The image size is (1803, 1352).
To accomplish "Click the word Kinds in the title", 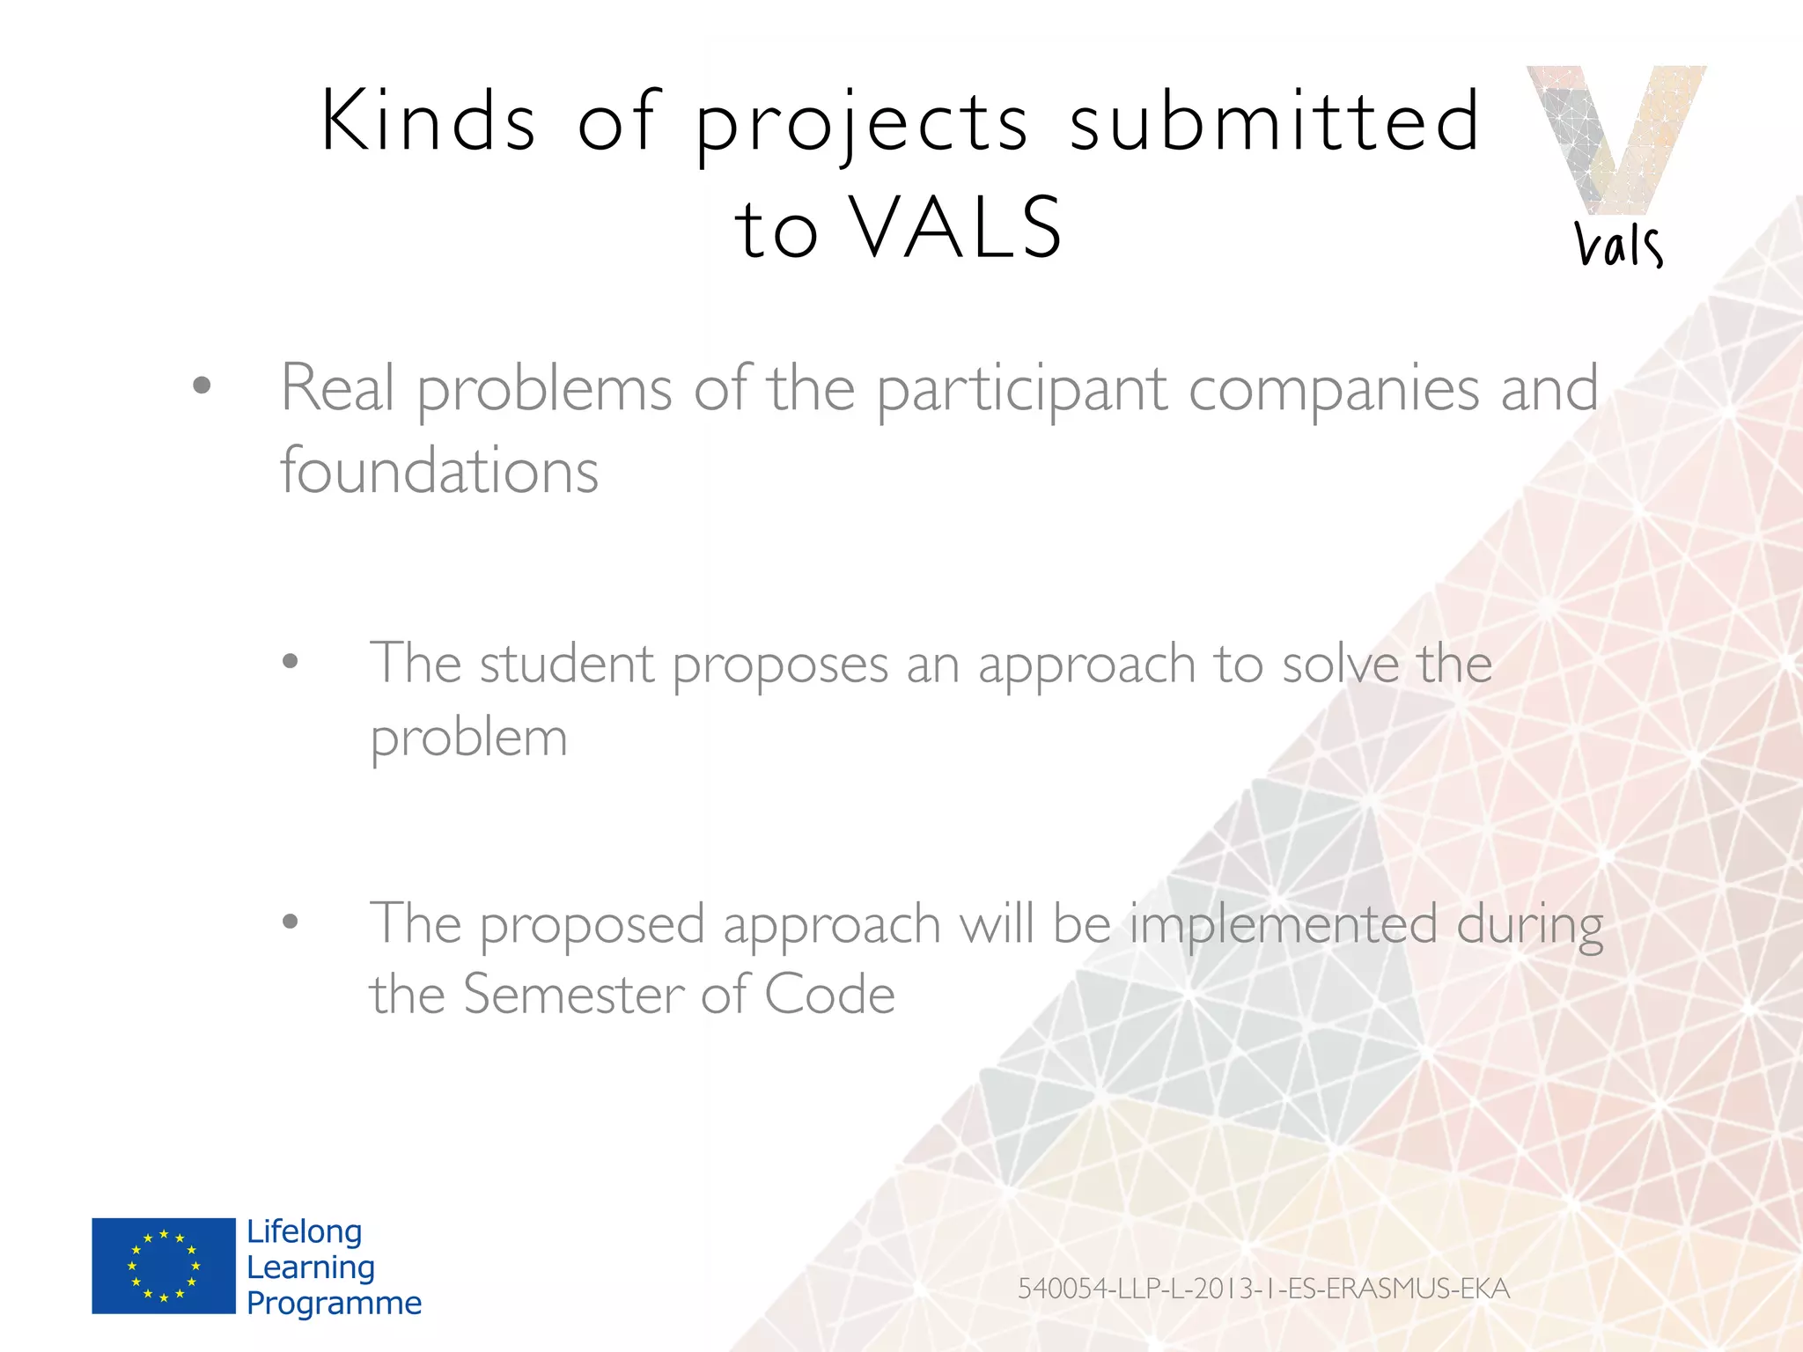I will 428,121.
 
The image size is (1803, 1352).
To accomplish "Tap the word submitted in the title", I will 1275,121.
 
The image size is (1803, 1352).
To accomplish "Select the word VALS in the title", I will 958,228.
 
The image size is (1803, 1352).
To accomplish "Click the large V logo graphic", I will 1616,136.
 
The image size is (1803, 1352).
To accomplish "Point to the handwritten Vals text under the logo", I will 1618,244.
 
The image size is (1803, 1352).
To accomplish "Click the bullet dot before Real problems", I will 202,386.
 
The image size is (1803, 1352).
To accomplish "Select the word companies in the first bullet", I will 1333,388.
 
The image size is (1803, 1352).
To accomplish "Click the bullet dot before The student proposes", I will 291,662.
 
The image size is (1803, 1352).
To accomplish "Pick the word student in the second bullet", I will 567,664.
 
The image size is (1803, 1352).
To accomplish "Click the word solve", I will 1340,664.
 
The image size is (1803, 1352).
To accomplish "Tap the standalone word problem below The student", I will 468,738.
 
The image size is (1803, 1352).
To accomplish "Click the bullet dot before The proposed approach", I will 291,922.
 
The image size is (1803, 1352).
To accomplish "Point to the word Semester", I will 573,995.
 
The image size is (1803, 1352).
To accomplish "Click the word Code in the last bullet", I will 829,995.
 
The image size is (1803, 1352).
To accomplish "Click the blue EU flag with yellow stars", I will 164,1266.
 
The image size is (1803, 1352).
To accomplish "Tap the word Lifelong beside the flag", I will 304,1231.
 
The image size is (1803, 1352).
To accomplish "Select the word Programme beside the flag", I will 334,1303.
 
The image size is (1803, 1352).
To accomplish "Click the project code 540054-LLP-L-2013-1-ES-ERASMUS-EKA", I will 1263,1289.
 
